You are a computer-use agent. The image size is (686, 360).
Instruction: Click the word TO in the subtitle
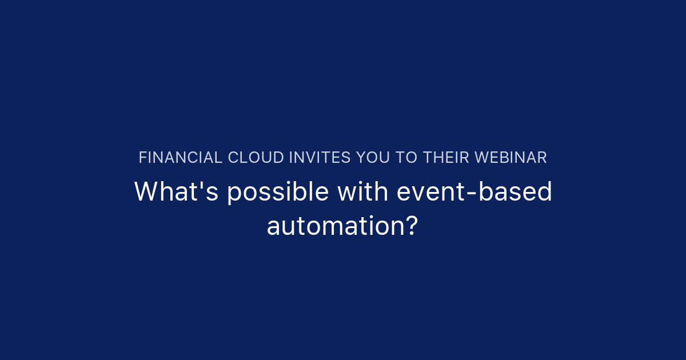tap(406, 158)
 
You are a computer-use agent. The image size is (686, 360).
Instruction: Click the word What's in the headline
tap(176, 192)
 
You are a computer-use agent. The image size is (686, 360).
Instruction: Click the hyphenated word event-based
tap(474, 192)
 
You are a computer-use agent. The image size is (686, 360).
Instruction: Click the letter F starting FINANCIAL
tap(142, 158)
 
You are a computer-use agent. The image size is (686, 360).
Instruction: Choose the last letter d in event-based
tap(545, 192)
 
